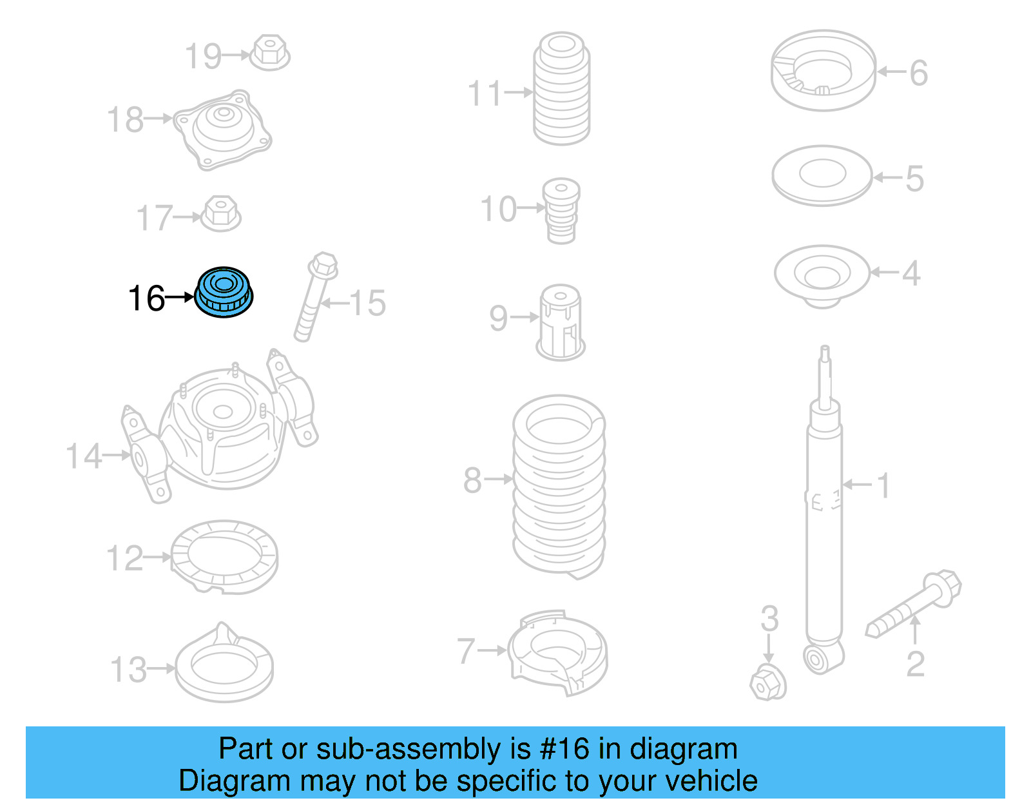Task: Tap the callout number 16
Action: pyautogui.click(x=146, y=299)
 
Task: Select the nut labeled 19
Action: pyautogui.click(x=269, y=53)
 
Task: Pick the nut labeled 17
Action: pyautogui.click(x=221, y=213)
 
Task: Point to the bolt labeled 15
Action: pyautogui.click(x=315, y=296)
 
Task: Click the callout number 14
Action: pyautogui.click(x=84, y=456)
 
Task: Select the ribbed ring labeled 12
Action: pyautogui.click(x=224, y=558)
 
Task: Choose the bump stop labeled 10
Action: pyautogui.click(x=561, y=210)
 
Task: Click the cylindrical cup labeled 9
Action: pyautogui.click(x=560, y=322)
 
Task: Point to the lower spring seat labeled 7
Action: pyautogui.click(x=558, y=652)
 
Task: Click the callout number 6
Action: pyautogui.click(x=918, y=72)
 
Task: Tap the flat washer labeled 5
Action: pyautogui.click(x=822, y=175)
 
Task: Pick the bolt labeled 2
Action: pyautogui.click(x=914, y=603)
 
